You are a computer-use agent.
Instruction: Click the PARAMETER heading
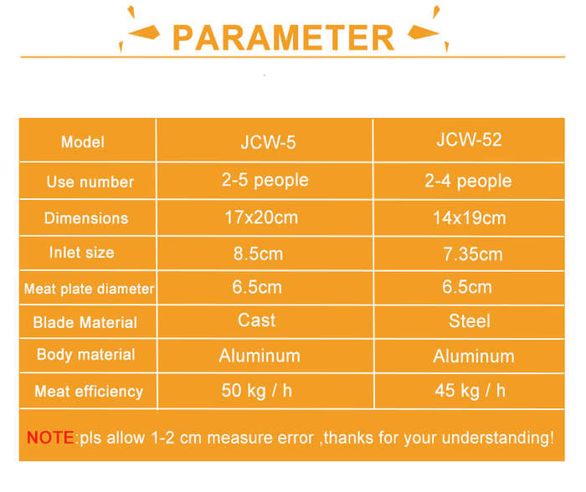point(283,38)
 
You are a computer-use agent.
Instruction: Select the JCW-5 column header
point(268,142)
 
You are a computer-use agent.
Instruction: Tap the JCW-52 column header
point(469,140)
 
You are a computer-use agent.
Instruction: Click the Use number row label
point(90,182)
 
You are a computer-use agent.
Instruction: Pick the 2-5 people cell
point(265,181)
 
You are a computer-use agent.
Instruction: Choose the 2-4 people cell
point(468,182)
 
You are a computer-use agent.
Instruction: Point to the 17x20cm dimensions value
point(261,218)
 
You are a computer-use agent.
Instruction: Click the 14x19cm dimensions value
point(470,218)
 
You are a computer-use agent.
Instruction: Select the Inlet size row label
point(81,253)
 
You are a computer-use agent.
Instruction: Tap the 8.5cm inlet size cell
point(258,254)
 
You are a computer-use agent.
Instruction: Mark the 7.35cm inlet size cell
point(473,254)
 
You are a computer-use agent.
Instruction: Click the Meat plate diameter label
point(89,289)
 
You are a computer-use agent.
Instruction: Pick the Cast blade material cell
point(257,320)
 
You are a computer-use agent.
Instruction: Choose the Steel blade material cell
point(470,321)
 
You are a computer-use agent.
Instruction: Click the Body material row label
point(85,355)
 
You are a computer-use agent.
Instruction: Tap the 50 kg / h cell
point(257,391)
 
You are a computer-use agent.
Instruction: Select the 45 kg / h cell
point(470,391)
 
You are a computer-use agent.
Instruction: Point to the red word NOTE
point(50,438)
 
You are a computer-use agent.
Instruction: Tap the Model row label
point(83,142)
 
